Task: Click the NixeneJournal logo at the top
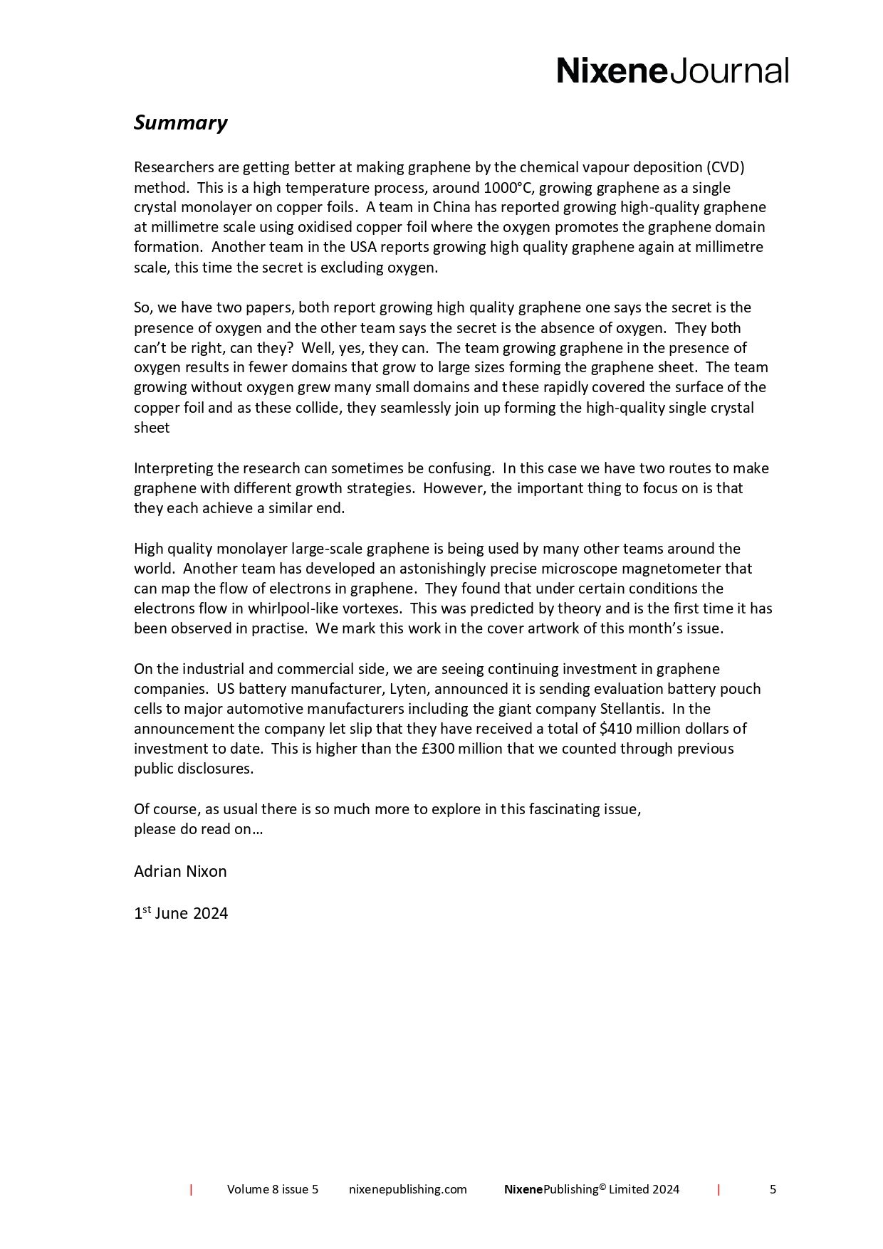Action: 672,71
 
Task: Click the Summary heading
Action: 180,123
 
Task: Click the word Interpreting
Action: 169,468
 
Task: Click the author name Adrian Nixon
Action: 180,871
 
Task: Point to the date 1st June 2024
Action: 181,914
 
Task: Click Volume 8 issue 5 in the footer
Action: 273,1189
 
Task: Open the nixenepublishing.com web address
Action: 408,1189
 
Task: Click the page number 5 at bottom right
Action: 773,1189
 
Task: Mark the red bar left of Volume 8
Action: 191,1189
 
